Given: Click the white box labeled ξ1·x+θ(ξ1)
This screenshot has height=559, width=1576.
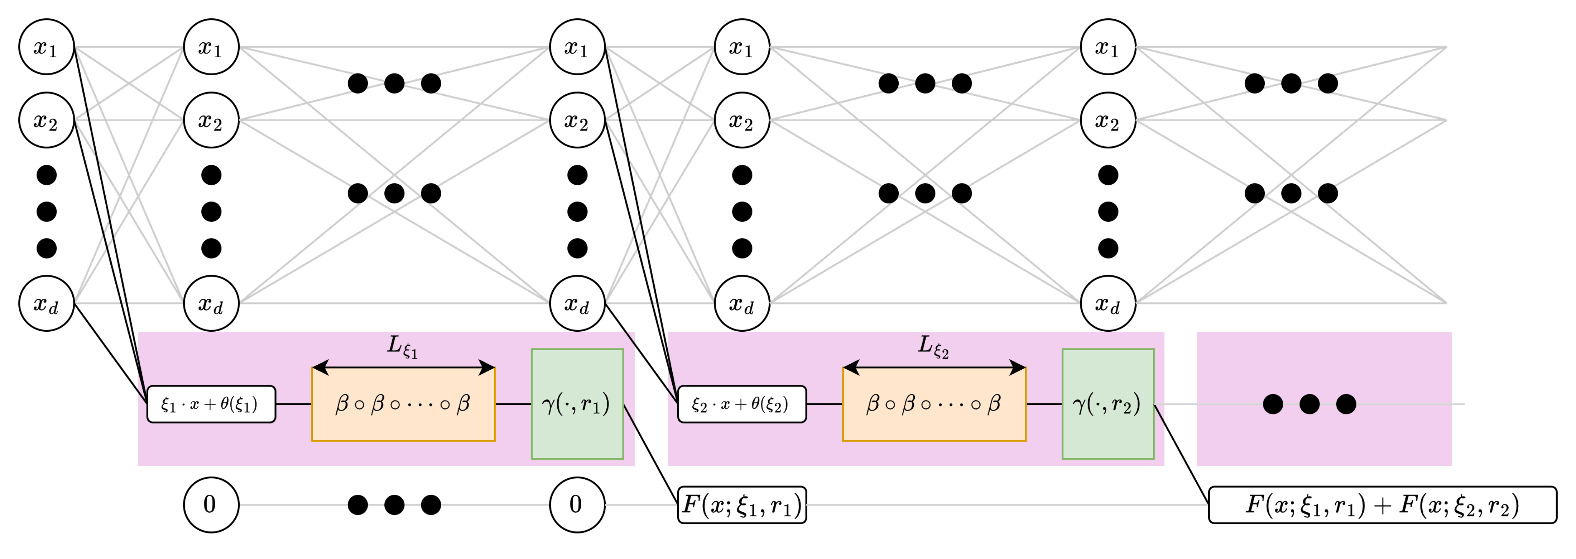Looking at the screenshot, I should pos(211,404).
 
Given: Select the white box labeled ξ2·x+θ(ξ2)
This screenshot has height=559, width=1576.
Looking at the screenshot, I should pos(741,404).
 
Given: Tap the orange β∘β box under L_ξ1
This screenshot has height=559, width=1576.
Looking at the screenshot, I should pos(403,404).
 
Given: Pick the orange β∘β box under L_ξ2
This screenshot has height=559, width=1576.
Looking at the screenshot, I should pos(934,404).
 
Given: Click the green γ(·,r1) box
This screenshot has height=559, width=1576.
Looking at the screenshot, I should pos(577,404).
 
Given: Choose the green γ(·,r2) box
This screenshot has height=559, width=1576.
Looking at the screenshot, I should pos(1107,404).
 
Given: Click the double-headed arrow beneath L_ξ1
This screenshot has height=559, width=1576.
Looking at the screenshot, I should pos(403,368).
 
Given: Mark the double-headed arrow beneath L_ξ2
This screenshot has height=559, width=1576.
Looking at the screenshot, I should pos(934,368).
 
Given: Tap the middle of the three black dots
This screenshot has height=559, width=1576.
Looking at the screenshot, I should pos(1309,404).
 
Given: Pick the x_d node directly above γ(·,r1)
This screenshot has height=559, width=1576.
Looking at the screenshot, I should pos(577,303).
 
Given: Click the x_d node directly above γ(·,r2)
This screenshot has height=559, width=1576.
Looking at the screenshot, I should pos(1107,303).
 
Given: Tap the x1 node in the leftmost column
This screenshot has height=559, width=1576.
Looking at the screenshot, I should pos(47,47).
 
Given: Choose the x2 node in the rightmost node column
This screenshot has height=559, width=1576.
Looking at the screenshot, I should pos(1107,120).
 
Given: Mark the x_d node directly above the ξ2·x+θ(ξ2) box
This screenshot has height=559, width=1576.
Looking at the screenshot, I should pos(741,303).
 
